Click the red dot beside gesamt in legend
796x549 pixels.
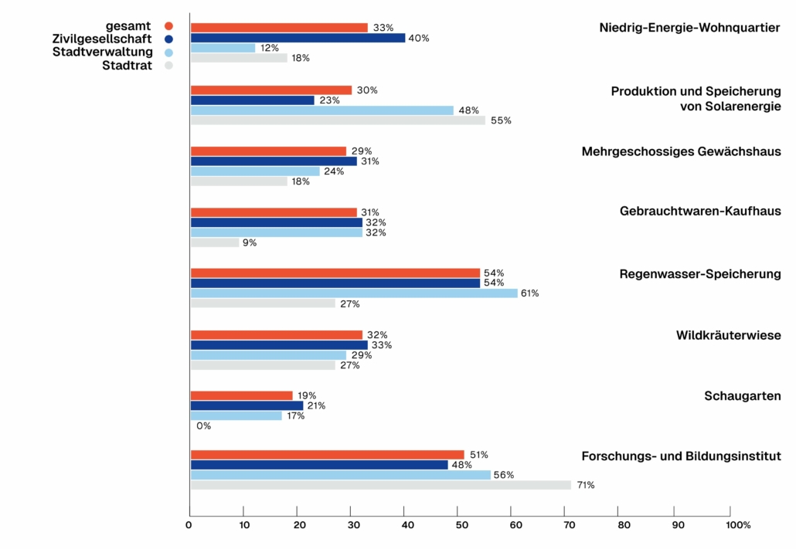(x=168, y=25)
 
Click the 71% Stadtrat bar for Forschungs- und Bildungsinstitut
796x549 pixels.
(x=381, y=485)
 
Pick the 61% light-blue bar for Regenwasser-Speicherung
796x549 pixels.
(x=354, y=293)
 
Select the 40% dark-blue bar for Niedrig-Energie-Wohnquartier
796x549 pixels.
(x=298, y=38)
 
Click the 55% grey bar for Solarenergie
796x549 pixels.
(x=338, y=120)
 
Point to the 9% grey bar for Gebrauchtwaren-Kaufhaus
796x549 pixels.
(x=214, y=242)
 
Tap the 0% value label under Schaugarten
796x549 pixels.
(x=203, y=425)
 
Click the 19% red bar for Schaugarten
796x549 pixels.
(x=241, y=395)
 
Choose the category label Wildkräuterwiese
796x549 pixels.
(x=728, y=335)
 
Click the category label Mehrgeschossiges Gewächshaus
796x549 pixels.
(x=681, y=151)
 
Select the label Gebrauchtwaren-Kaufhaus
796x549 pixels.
(x=700, y=211)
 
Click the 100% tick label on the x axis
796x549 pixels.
(x=737, y=525)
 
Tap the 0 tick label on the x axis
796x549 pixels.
(x=189, y=525)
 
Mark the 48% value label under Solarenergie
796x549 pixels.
(x=469, y=110)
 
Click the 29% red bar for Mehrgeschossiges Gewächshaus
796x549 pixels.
(x=268, y=151)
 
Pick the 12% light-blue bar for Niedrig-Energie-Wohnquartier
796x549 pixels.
(x=223, y=48)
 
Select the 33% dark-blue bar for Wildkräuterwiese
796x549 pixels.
(x=279, y=345)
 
